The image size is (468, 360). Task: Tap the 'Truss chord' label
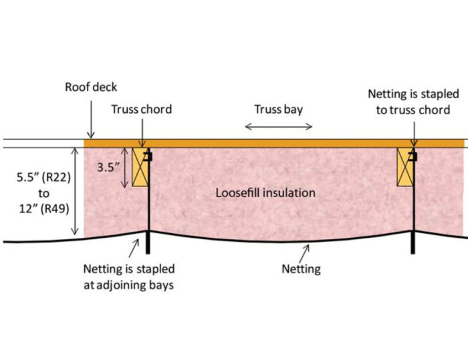(x=142, y=110)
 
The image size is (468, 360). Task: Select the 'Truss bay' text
(x=277, y=109)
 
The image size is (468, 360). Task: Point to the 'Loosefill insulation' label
(x=265, y=193)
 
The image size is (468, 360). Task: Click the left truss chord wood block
(x=139, y=167)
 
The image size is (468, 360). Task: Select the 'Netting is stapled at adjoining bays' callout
(x=129, y=277)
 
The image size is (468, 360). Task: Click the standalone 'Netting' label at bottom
(x=300, y=269)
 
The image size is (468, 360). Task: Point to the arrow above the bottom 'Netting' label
(x=305, y=252)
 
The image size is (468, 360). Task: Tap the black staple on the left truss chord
(x=149, y=157)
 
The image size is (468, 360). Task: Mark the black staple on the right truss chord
(x=415, y=157)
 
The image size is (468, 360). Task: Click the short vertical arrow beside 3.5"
(x=127, y=167)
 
